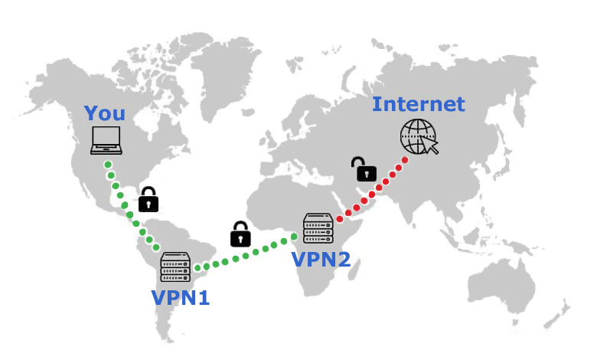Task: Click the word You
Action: click(x=105, y=113)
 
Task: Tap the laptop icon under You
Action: click(x=106, y=141)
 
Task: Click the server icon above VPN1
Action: click(x=175, y=266)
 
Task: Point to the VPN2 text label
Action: click(x=321, y=259)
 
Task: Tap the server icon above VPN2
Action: click(x=318, y=228)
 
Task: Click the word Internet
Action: click(x=418, y=103)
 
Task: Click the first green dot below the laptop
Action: click(x=108, y=165)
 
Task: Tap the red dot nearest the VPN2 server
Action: click(x=339, y=220)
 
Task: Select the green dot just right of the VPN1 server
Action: click(x=197, y=269)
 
